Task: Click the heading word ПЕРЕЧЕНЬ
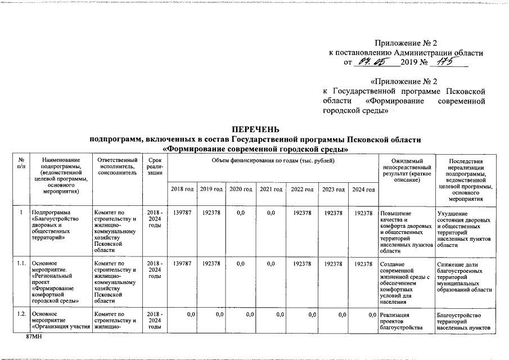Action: [256, 130]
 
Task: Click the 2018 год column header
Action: [182, 189]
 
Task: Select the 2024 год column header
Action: [363, 189]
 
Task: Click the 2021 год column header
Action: [271, 189]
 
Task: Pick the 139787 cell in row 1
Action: [182, 213]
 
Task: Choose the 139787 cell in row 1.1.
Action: [182, 263]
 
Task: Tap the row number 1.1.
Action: [21, 263]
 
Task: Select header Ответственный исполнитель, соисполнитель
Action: [116, 167]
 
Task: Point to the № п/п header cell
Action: [21, 164]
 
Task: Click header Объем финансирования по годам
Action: [273, 161]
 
